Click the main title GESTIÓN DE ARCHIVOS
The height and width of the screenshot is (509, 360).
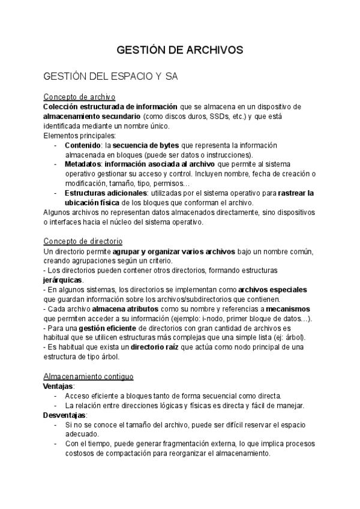(x=179, y=50)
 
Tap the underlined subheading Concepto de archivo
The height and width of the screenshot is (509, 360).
(x=79, y=97)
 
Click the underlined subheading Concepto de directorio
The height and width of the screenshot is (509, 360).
(x=83, y=241)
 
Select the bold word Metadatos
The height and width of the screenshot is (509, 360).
(x=83, y=164)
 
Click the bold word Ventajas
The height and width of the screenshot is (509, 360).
(x=58, y=386)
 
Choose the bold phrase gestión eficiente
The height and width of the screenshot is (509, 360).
(x=107, y=328)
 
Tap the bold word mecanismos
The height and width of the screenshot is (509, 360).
(x=290, y=309)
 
